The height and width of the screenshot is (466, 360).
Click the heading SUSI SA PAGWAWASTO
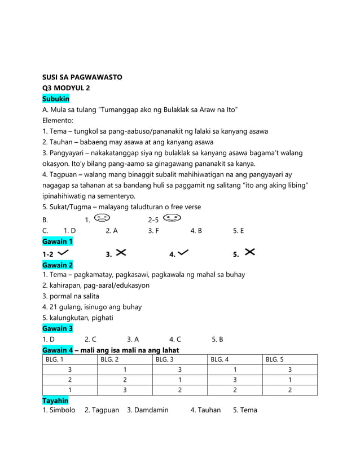82,77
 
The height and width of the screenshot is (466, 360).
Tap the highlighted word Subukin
56,99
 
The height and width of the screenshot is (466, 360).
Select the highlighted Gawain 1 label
58,241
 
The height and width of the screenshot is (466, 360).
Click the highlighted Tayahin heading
56,399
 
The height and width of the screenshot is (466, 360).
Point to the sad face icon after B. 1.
102,218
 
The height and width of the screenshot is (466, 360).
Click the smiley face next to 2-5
173,218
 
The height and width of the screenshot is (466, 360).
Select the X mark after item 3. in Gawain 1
120,252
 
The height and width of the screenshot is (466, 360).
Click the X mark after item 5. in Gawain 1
251,252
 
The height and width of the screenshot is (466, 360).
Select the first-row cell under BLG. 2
125,370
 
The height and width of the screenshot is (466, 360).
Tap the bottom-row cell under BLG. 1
69,390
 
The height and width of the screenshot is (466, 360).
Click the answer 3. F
153,230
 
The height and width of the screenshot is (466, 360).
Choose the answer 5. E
239,230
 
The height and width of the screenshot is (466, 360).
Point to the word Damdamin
152,410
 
